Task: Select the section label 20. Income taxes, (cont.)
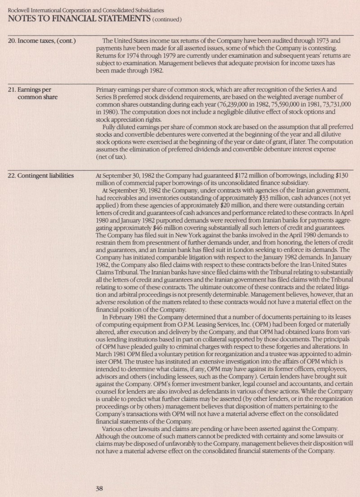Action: (x=42, y=41)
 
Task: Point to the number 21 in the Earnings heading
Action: (x=12, y=90)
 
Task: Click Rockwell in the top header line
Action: (x=20, y=9)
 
